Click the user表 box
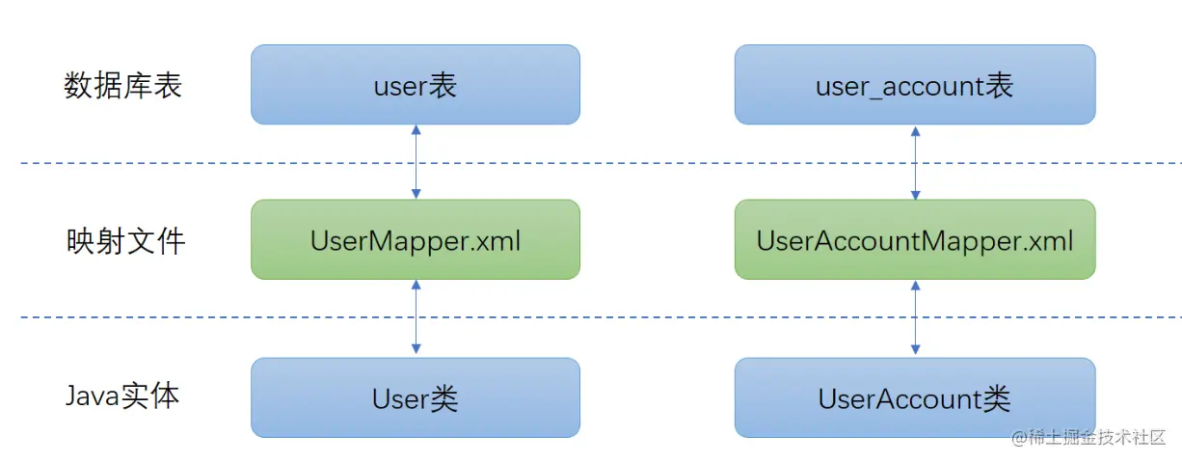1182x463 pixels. pos(416,85)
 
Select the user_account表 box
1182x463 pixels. pos(914,85)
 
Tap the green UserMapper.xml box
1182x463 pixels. pos(416,240)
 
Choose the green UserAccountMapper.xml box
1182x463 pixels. pos(914,240)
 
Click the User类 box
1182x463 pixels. pos(416,397)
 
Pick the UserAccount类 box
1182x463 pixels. pos(914,397)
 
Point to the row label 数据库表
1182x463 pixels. pos(123,86)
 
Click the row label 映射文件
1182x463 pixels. pos(123,240)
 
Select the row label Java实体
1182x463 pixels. pos(122,395)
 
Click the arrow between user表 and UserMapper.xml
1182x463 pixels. pos(416,162)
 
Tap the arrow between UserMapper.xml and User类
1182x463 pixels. pos(416,318)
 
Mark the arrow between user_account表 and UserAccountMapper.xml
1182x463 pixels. pos(915,162)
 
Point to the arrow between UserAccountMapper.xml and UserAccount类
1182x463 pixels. pos(915,318)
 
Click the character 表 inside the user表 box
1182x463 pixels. pos(443,86)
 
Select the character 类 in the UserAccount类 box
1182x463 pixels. pos(996,398)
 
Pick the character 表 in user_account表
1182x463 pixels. pos(1000,86)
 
